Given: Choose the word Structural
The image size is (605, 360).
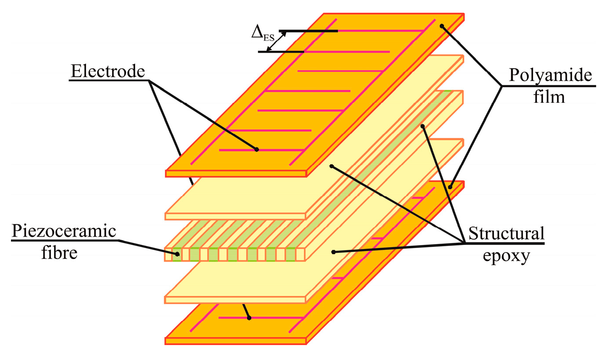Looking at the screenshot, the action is tap(506, 233).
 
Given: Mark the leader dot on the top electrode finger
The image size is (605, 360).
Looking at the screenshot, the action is tap(257, 150).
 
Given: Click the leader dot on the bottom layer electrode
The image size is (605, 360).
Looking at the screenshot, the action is tap(249, 317).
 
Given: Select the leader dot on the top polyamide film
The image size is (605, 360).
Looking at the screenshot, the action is tap(442, 26).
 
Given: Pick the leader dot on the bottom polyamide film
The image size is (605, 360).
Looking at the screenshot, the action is tap(450, 187).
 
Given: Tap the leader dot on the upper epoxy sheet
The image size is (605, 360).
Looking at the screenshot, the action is tap(332, 166).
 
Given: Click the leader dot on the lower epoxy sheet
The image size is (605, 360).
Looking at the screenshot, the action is tap(333, 252).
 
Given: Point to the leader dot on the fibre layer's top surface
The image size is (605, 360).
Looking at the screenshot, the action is tap(423, 126).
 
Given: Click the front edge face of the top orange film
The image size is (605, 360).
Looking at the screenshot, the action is tap(235, 173).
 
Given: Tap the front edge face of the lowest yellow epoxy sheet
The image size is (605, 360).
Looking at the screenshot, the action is tap(235, 299).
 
